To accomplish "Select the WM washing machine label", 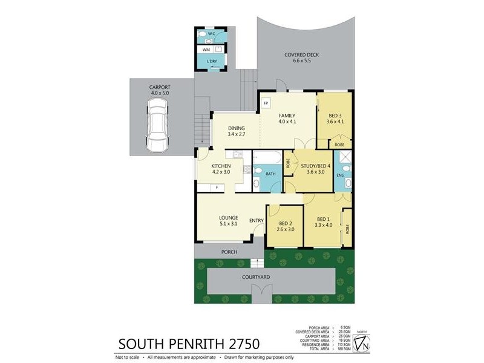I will tap(206, 50).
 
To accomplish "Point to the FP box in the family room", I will tap(266, 103).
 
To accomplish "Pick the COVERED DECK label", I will tap(301, 54).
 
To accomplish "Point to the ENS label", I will tap(340, 175).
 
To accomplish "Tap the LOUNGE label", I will tap(228, 217).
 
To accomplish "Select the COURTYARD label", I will tap(255, 277).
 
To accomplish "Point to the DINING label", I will tap(236, 128).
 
